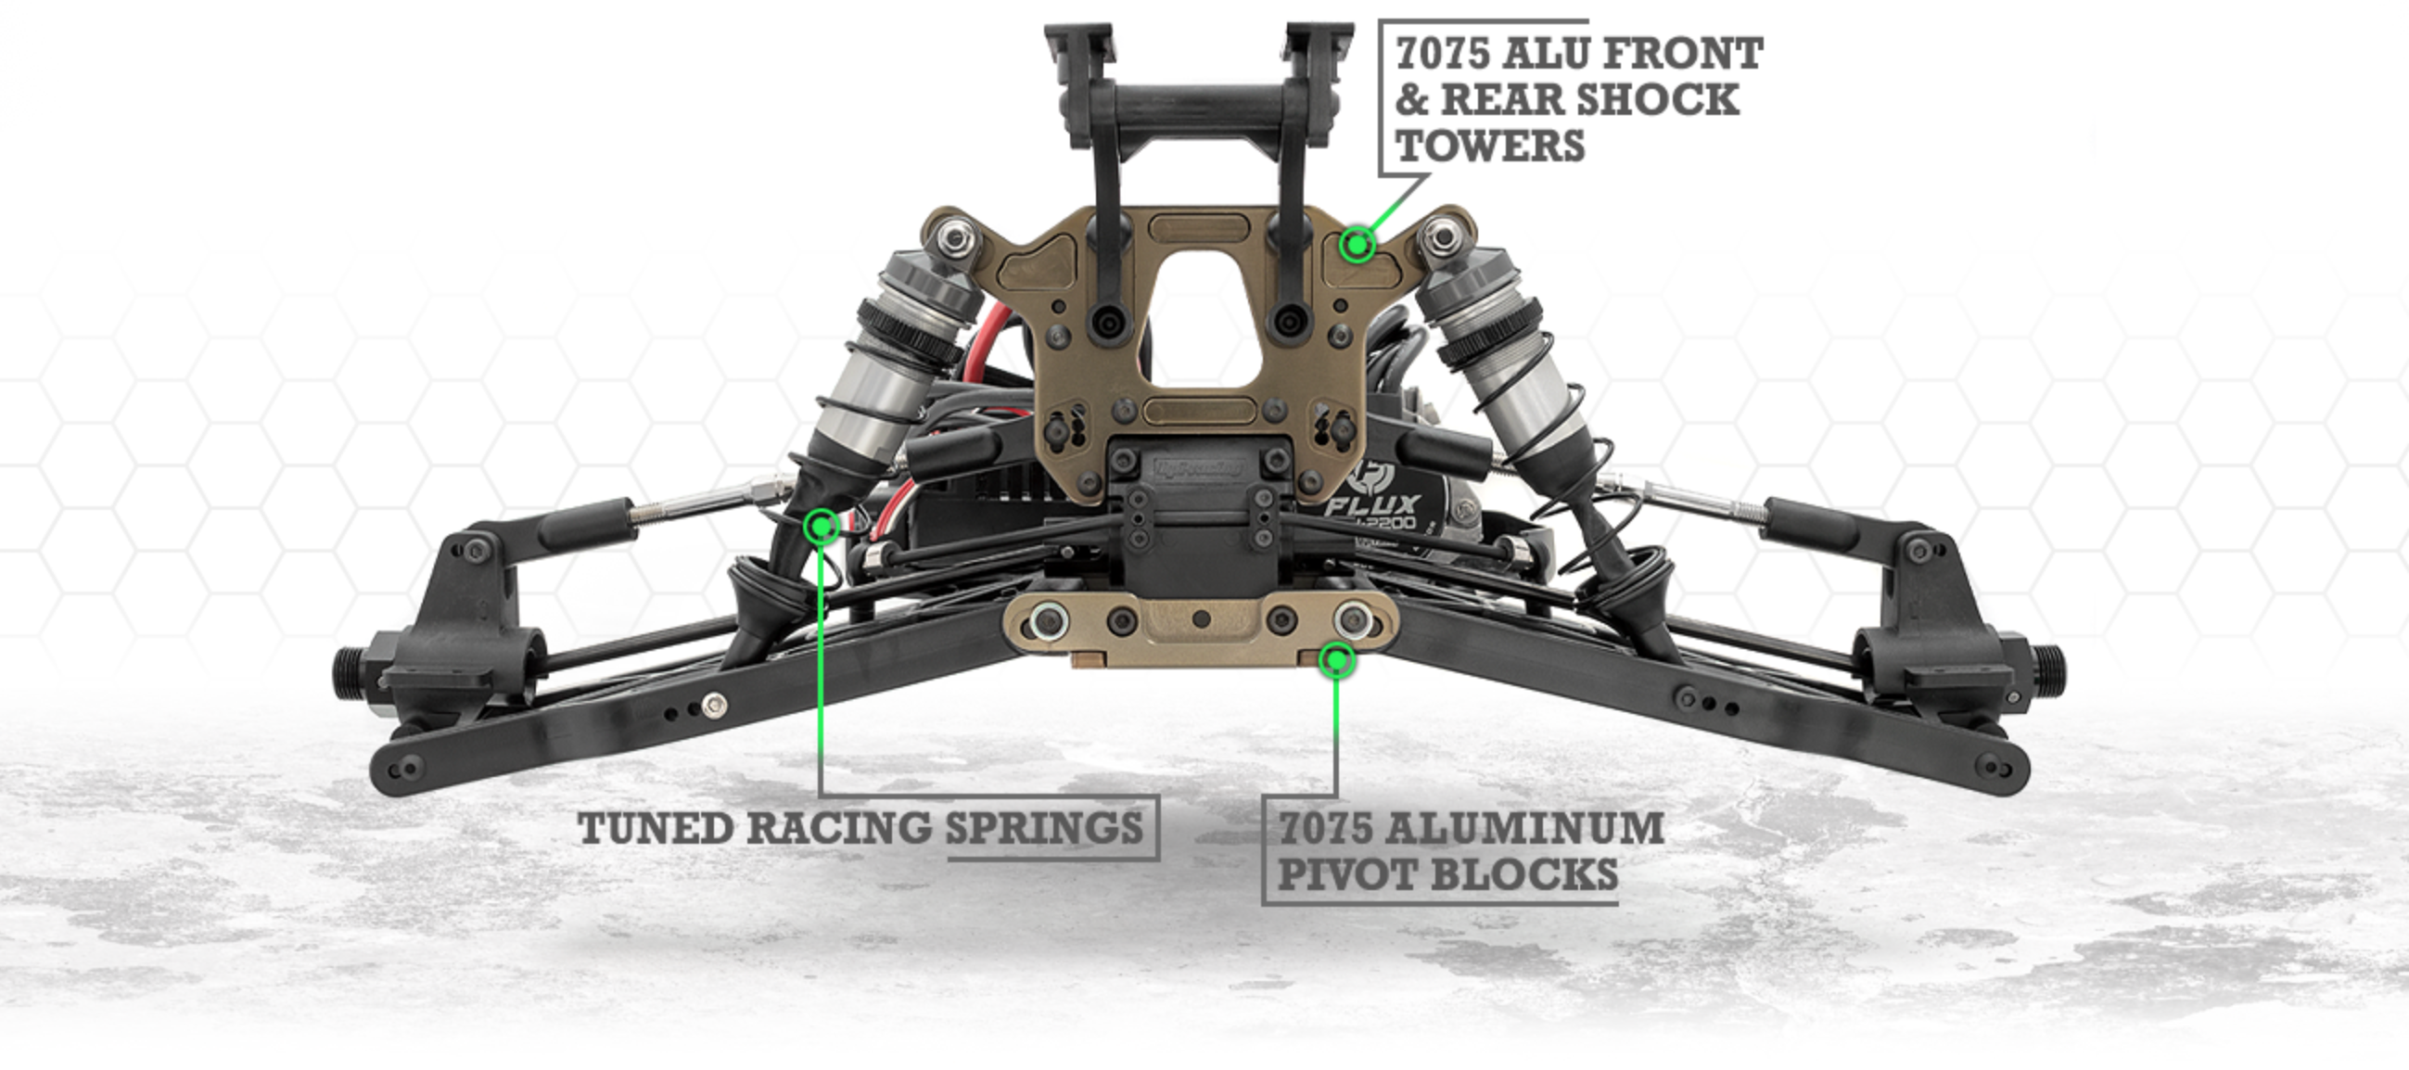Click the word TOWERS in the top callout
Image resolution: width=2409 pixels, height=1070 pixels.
point(1490,146)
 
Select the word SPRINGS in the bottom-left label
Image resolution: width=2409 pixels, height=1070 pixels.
point(1044,828)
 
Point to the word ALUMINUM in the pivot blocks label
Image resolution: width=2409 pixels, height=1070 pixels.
point(1524,828)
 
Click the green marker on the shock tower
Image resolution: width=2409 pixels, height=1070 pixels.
point(1357,245)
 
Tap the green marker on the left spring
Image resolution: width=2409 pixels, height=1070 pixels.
point(821,527)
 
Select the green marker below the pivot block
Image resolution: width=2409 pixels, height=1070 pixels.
point(1337,660)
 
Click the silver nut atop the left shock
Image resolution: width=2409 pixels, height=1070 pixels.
point(953,239)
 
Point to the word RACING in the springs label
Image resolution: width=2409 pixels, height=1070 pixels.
point(839,828)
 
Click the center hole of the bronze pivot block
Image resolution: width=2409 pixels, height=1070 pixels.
point(1201,618)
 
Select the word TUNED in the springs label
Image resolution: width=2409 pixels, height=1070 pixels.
point(656,828)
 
